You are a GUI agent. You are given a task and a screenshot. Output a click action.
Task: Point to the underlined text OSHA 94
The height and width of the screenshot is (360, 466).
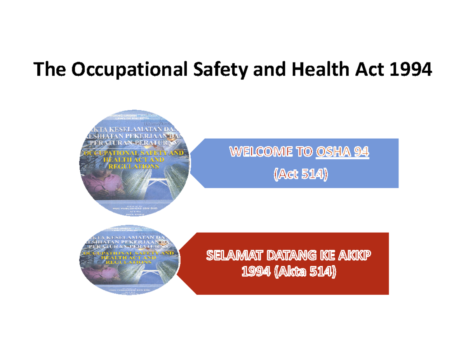click(343, 152)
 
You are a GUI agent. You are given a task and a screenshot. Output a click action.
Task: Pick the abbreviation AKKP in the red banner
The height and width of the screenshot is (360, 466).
click(356, 256)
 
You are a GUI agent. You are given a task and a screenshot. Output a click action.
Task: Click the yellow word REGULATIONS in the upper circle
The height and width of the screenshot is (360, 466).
click(134, 166)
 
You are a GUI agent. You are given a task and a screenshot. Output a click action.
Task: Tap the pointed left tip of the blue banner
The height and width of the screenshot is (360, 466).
click(191, 163)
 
